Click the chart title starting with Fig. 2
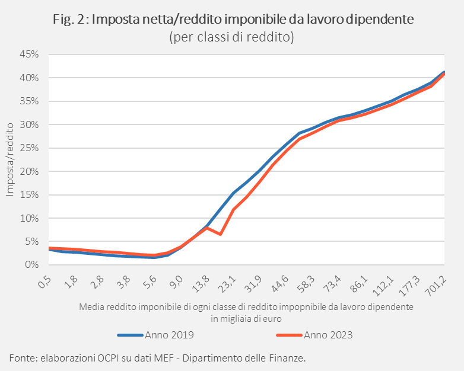[231, 20]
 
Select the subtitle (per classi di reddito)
[231, 37]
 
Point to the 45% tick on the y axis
[30, 55]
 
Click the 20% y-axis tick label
[30, 172]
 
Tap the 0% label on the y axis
[32, 265]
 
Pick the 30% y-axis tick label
[30, 125]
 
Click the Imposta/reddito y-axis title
[9, 159]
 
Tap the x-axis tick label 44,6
[281, 281]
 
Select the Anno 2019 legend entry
[155, 335]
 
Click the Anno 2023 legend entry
[315, 335]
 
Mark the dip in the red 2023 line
[220, 234]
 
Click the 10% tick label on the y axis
[30, 219]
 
